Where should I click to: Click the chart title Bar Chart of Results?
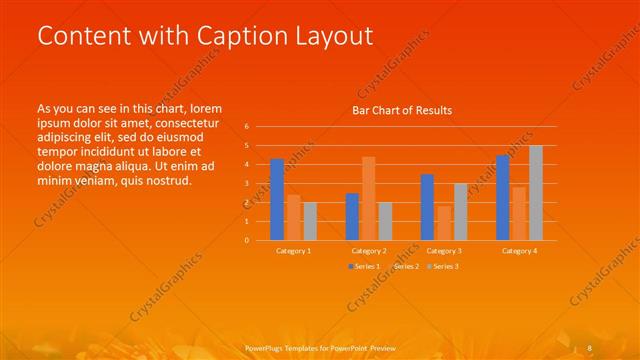(x=402, y=110)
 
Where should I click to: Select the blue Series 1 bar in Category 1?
(x=277, y=199)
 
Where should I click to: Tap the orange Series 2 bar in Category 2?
(x=368, y=198)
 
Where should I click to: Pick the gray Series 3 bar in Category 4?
(x=535, y=192)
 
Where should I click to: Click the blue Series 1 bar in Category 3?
(x=427, y=207)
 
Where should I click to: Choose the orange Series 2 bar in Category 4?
(x=519, y=213)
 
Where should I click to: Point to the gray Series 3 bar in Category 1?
(x=309, y=221)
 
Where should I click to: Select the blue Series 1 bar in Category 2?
(x=352, y=216)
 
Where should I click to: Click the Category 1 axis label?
(x=293, y=250)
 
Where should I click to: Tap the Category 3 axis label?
(x=444, y=250)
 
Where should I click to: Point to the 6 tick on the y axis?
(x=246, y=127)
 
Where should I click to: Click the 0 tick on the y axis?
(x=246, y=240)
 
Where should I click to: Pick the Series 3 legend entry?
(x=442, y=267)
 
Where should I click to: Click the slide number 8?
(x=590, y=347)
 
